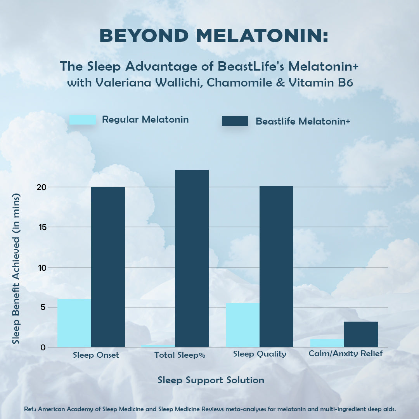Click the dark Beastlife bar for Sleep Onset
click(108, 267)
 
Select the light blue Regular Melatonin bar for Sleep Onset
click(74, 323)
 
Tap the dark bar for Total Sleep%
click(192, 258)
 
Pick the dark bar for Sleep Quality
click(276, 267)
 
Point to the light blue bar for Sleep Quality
click(242, 325)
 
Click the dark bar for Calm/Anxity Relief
click(361, 334)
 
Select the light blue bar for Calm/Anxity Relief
click(327, 343)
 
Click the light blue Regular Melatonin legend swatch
click(83, 119)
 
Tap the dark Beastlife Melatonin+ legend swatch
click(235, 121)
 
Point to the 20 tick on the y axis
click(42, 187)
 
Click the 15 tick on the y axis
click(42, 227)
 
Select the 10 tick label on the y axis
click(42, 267)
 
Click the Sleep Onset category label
click(96, 355)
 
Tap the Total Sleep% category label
click(180, 355)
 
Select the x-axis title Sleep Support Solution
click(211, 380)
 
